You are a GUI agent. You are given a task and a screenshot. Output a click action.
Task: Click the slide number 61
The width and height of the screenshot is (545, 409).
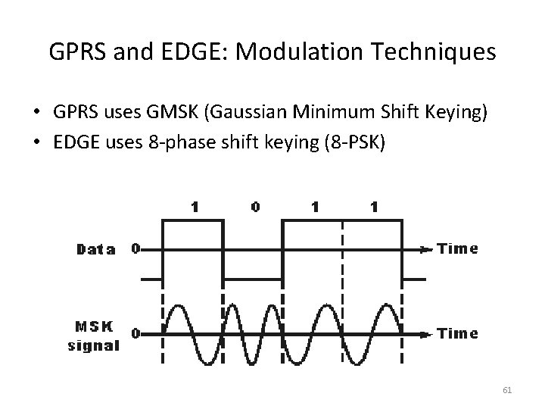(x=507, y=389)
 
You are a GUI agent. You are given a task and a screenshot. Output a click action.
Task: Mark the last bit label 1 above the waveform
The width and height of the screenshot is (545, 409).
(x=372, y=206)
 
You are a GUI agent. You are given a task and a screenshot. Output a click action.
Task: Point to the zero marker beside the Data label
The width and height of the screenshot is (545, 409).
(x=135, y=248)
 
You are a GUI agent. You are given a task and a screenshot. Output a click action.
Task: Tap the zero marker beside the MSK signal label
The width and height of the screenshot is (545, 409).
(x=135, y=333)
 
